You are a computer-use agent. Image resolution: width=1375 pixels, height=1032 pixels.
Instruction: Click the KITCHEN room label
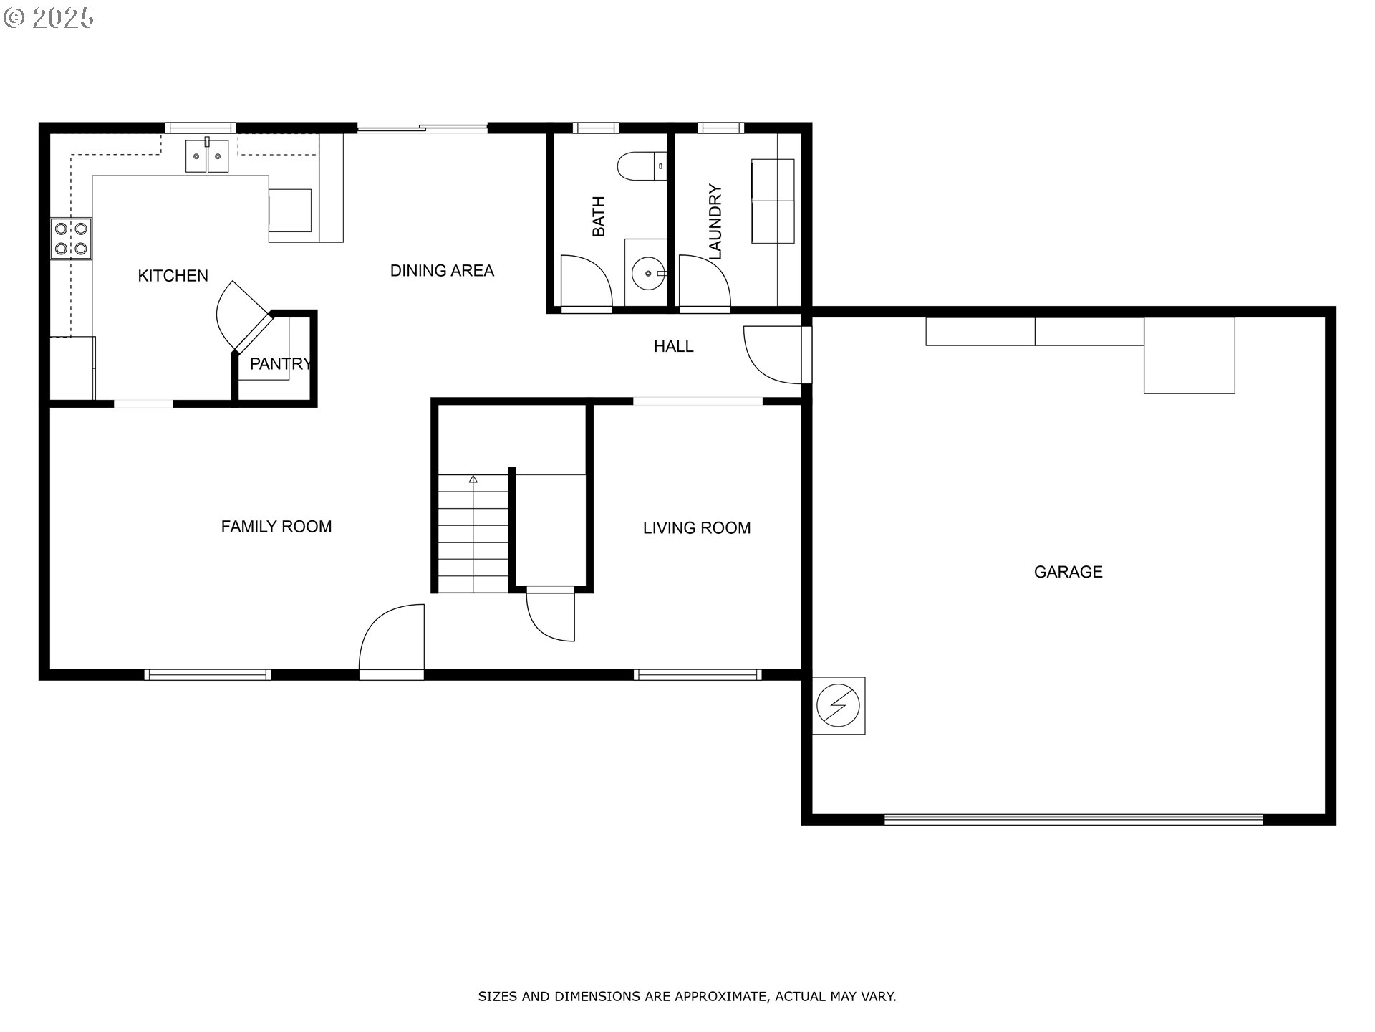(x=173, y=276)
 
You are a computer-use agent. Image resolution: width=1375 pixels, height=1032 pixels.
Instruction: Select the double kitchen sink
(x=207, y=156)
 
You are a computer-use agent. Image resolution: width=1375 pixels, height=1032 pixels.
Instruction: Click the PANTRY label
(x=280, y=364)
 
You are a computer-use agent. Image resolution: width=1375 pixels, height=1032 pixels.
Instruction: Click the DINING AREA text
(x=442, y=271)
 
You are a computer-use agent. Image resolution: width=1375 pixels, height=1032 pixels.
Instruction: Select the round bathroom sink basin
(x=647, y=273)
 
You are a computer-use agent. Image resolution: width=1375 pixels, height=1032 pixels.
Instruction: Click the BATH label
(x=599, y=216)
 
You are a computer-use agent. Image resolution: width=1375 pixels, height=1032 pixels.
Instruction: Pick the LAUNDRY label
(x=715, y=222)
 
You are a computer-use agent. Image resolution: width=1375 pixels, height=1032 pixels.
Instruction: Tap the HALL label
(x=673, y=347)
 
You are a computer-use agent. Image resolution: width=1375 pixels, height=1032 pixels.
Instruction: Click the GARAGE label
(x=1068, y=572)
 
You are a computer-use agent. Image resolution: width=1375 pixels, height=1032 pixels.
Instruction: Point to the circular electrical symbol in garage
(x=839, y=706)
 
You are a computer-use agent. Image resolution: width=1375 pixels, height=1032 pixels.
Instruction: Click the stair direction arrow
(x=473, y=479)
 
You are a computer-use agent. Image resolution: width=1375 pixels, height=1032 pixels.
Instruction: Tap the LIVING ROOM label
(x=696, y=528)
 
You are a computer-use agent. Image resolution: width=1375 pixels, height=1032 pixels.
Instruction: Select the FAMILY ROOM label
(x=276, y=527)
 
